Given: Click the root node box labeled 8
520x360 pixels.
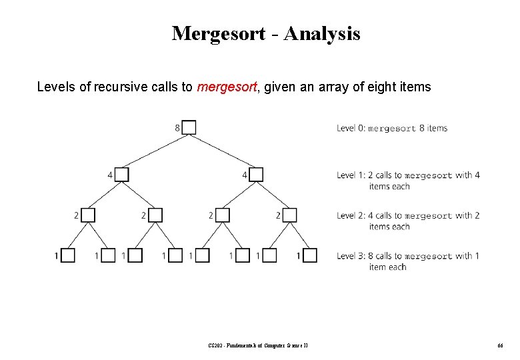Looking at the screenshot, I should pos(189,127).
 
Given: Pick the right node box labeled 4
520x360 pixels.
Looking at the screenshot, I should pos(256,175).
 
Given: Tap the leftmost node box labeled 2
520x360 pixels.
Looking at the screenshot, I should pos(89,215).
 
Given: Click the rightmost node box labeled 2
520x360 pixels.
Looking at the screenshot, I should pos(290,215).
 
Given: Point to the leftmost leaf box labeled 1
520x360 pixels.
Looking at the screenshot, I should pos(68,255).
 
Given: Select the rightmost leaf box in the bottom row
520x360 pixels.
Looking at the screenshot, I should pos(310,255).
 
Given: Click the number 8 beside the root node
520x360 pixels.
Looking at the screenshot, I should pos(177,127).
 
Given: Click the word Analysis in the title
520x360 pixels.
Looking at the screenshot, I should pos(322,33).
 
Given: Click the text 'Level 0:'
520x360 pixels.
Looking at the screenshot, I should pos(351,128).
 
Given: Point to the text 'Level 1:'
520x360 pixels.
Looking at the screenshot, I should pos(351,175).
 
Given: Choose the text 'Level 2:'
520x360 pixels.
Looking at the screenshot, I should pos(351,215).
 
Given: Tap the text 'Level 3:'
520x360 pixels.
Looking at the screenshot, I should pos(351,256).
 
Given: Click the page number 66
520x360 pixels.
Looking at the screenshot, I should pos(499,345).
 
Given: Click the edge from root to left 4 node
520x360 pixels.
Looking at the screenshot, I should pos(155,151).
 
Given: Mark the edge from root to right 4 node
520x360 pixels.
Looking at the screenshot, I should pos(223,151).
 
